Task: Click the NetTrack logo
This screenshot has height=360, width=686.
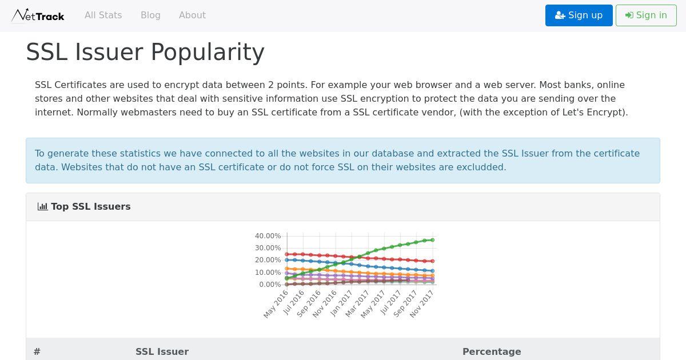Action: [38, 15]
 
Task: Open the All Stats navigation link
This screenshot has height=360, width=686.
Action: [103, 15]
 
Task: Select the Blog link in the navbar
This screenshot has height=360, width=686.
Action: [150, 15]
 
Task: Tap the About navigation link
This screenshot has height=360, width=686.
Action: [192, 15]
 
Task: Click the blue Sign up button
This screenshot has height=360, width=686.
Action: [579, 15]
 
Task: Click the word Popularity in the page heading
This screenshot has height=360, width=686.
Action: [208, 53]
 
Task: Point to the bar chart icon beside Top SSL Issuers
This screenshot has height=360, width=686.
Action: [42, 206]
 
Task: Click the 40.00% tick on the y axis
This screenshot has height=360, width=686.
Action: [268, 235]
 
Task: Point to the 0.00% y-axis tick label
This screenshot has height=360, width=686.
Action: [270, 285]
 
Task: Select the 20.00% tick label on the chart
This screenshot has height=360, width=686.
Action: [268, 260]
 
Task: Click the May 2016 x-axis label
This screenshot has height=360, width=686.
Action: [276, 304]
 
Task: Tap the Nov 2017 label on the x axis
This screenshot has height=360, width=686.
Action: [422, 303]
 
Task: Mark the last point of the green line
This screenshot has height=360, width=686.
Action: [432, 240]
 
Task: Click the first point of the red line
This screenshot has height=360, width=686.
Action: [287, 254]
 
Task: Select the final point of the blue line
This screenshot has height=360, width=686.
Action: [432, 271]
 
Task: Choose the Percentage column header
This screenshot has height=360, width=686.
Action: [492, 351]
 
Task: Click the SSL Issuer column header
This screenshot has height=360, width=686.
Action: [162, 351]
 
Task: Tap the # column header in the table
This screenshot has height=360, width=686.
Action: [37, 351]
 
